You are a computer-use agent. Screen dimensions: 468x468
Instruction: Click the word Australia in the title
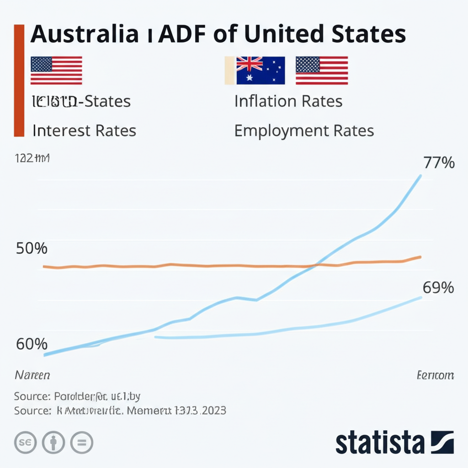[x=84, y=34]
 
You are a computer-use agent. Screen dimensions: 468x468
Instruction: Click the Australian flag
[x=260, y=71]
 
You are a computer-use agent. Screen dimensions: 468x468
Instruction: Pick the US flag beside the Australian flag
[x=322, y=71]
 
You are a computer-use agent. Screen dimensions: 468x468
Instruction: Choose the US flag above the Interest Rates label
[x=56, y=71]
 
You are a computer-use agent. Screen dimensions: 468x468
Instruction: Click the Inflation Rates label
[x=288, y=101]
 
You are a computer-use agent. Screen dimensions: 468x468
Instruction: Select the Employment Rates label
[x=304, y=131]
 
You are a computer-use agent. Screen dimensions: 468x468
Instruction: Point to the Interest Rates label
[x=84, y=131]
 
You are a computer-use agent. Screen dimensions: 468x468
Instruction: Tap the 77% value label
[x=439, y=163]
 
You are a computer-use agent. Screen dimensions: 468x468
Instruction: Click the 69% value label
[x=438, y=288]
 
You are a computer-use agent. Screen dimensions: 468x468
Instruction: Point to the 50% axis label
[x=32, y=249]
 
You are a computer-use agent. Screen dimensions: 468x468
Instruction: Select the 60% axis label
[x=32, y=344]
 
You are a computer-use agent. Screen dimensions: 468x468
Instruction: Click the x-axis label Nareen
[x=32, y=375]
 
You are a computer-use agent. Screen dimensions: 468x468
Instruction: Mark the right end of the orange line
[x=420, y=257]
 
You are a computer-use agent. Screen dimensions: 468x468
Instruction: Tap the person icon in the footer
[x=54, y=442]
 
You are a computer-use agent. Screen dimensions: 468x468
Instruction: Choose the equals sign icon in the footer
[x=82, y=442]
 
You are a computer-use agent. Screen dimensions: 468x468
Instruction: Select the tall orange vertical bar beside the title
[x=19, y=80]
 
